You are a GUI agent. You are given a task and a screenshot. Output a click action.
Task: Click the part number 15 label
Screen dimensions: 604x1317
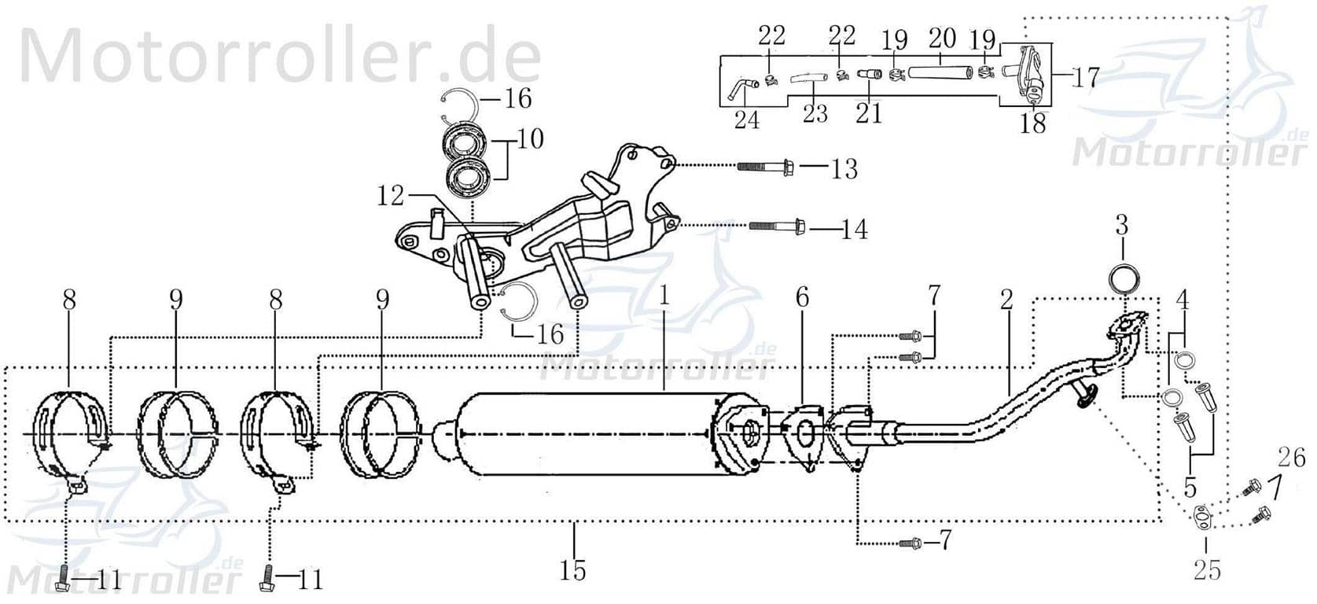(573, 569)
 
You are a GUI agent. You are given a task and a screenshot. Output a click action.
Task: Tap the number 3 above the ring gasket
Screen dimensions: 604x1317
(1121, 226)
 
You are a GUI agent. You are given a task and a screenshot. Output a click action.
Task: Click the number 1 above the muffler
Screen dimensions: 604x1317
(664, 296)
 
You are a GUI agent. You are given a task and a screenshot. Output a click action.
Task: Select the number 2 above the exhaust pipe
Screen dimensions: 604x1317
(1007, 299)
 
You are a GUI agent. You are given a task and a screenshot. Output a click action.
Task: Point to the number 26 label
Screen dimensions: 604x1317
(1291, 456)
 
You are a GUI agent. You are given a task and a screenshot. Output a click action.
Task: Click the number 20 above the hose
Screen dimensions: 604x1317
(942, 38)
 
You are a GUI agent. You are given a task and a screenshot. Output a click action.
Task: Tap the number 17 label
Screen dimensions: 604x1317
(1083, 77)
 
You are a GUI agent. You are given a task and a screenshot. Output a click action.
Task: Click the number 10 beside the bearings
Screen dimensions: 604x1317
(530, 140)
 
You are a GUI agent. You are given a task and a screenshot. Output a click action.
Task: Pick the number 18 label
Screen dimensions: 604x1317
(1033, 123)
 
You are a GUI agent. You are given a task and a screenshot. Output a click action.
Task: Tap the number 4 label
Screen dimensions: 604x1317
(1182, 300)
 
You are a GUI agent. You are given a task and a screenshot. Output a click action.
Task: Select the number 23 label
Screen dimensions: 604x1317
(815, 113)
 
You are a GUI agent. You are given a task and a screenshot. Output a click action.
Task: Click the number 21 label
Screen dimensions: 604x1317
(869, 113)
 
